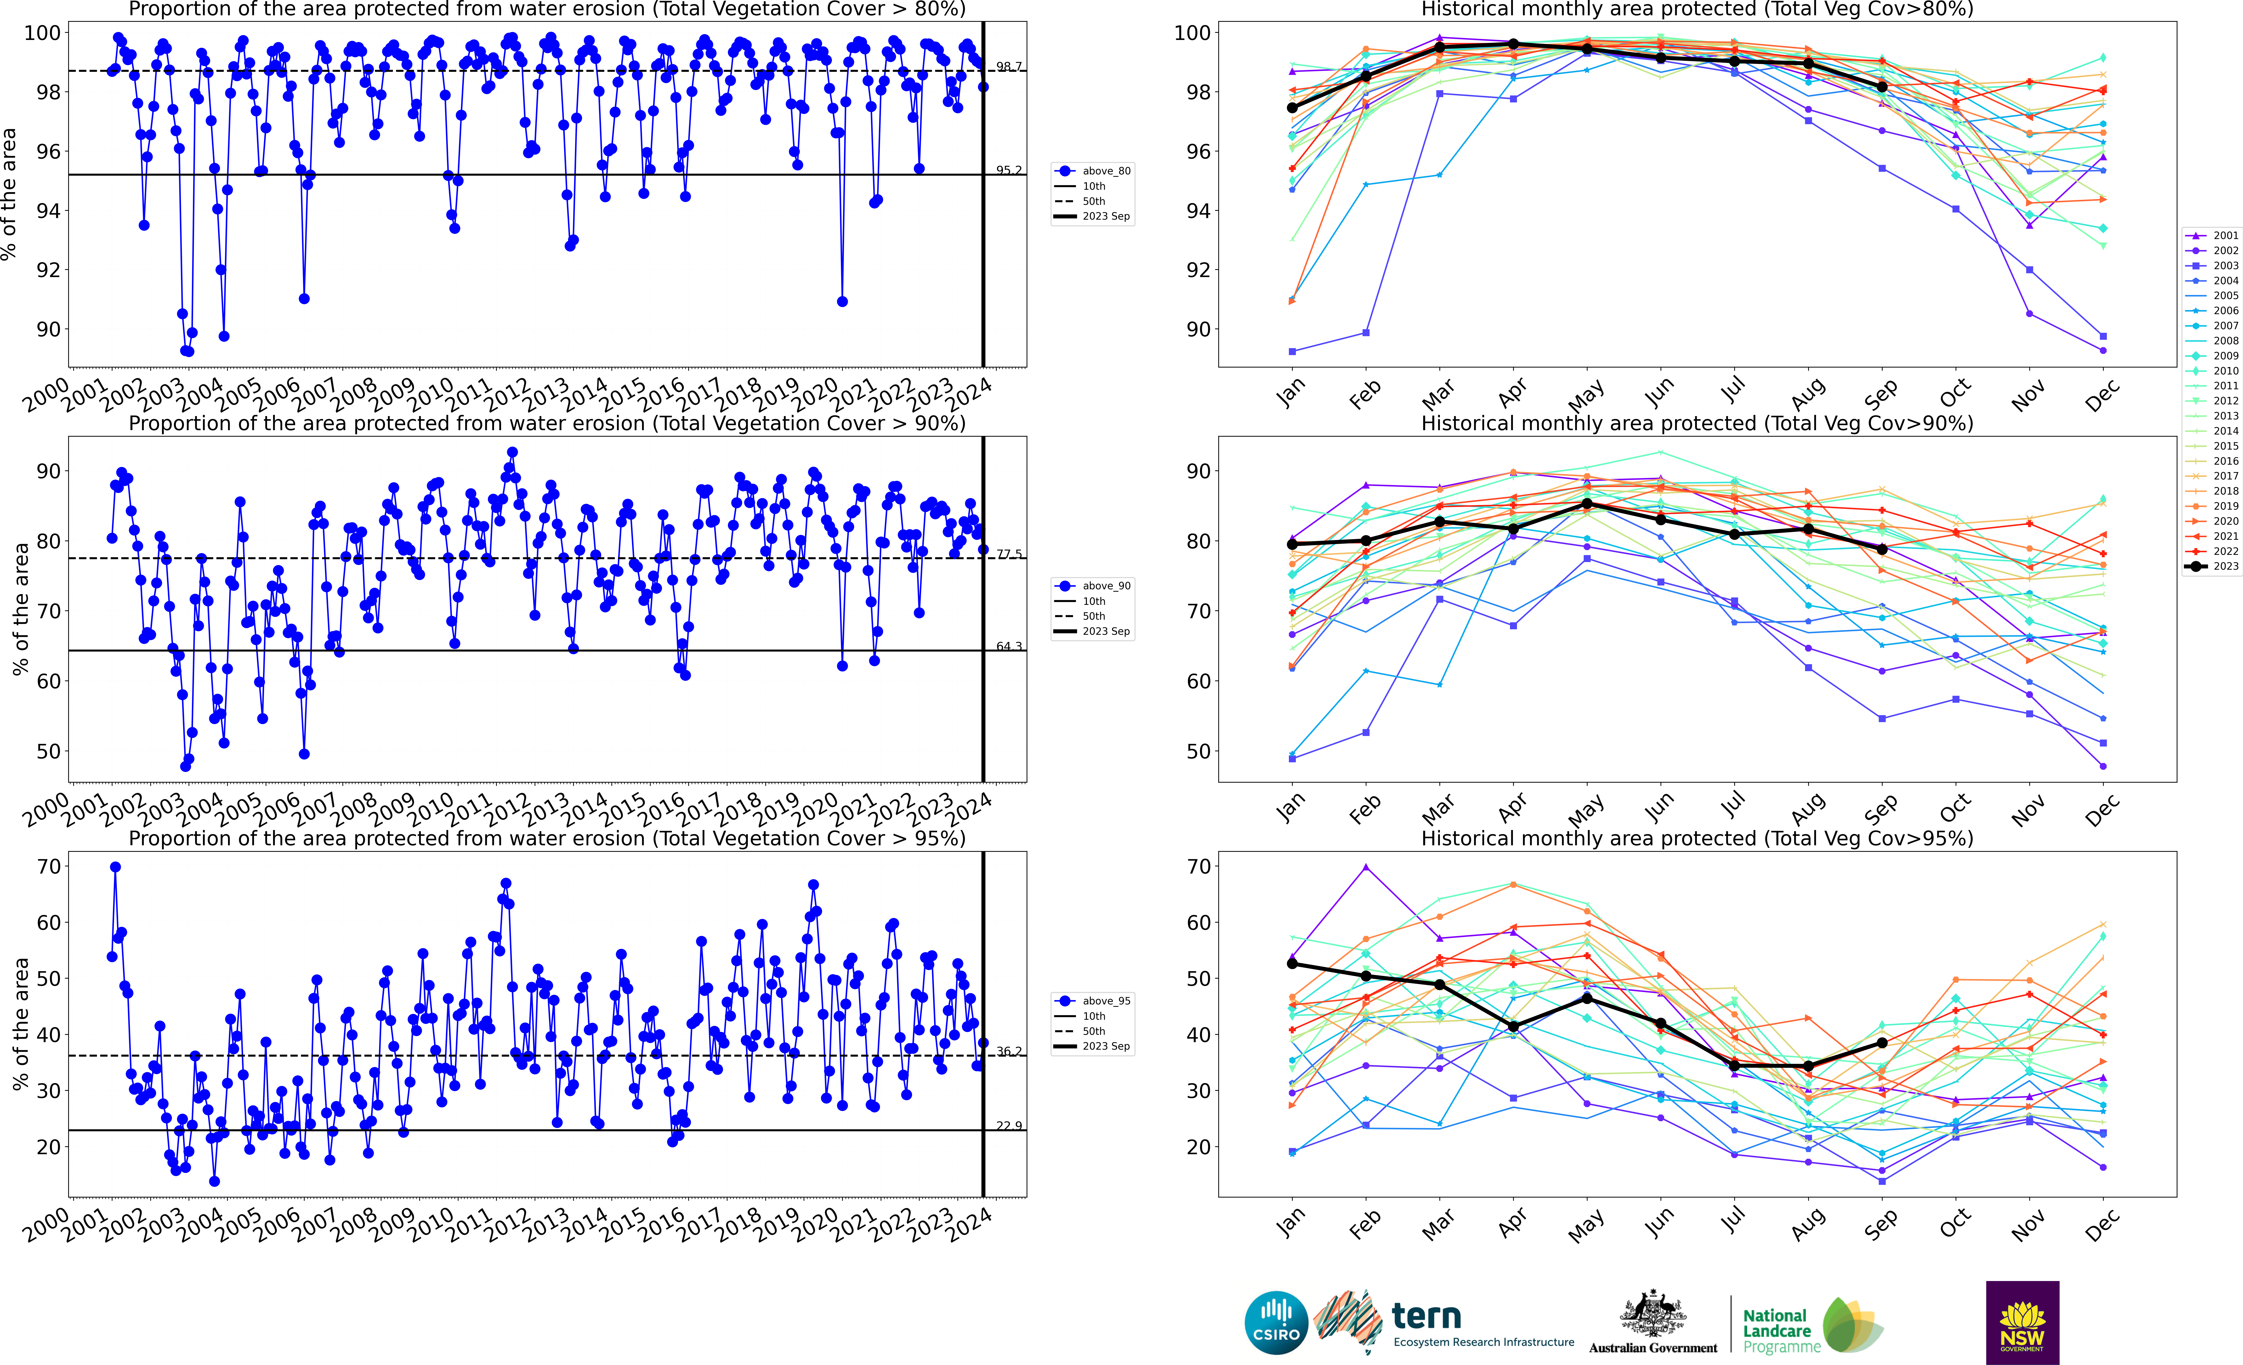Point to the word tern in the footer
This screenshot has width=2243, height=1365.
(x=1426, y=1316)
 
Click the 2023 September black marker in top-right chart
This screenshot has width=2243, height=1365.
(x=1882, y=86)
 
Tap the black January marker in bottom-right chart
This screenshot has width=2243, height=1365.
(x=1292, y=964)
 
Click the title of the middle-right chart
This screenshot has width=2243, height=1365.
(x=1697, y=423)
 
